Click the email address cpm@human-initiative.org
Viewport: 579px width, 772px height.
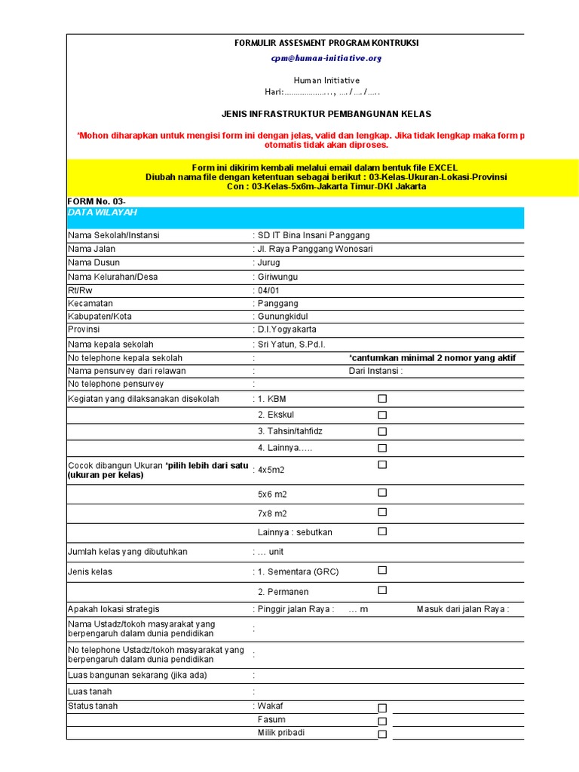[326, 58]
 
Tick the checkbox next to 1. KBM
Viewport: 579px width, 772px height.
[382, 398]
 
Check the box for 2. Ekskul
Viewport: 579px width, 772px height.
[382, 415]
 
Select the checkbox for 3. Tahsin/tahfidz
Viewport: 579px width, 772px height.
[382, 431]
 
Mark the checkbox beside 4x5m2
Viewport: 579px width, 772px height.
[382, 464]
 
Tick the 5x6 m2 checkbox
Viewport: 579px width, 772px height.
[382, 492]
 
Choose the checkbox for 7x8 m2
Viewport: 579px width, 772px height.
[382, 512]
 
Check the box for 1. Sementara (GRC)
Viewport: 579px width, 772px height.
[382, 570]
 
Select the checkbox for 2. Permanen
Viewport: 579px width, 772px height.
[382, 590]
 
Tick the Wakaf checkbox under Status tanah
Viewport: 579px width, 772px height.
[382, 708]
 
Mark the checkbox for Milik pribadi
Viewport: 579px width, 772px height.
[382, 734]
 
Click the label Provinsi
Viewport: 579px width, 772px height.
[84, 329]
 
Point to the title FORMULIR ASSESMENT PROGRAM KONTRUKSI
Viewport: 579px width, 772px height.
[326, 43]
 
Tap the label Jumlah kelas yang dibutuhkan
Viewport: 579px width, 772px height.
[127, 552]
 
